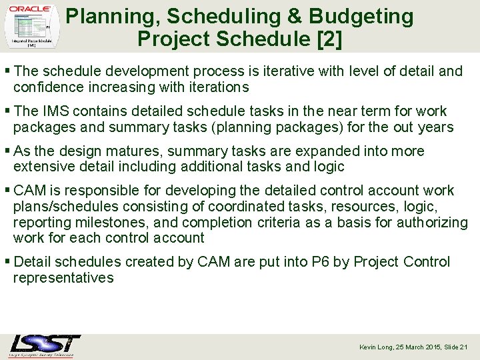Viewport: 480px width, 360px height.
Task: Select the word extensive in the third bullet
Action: (42, 167)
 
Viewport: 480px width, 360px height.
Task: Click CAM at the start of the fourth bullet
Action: (30, 191)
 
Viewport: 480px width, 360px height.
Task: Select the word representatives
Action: (63, 278)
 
